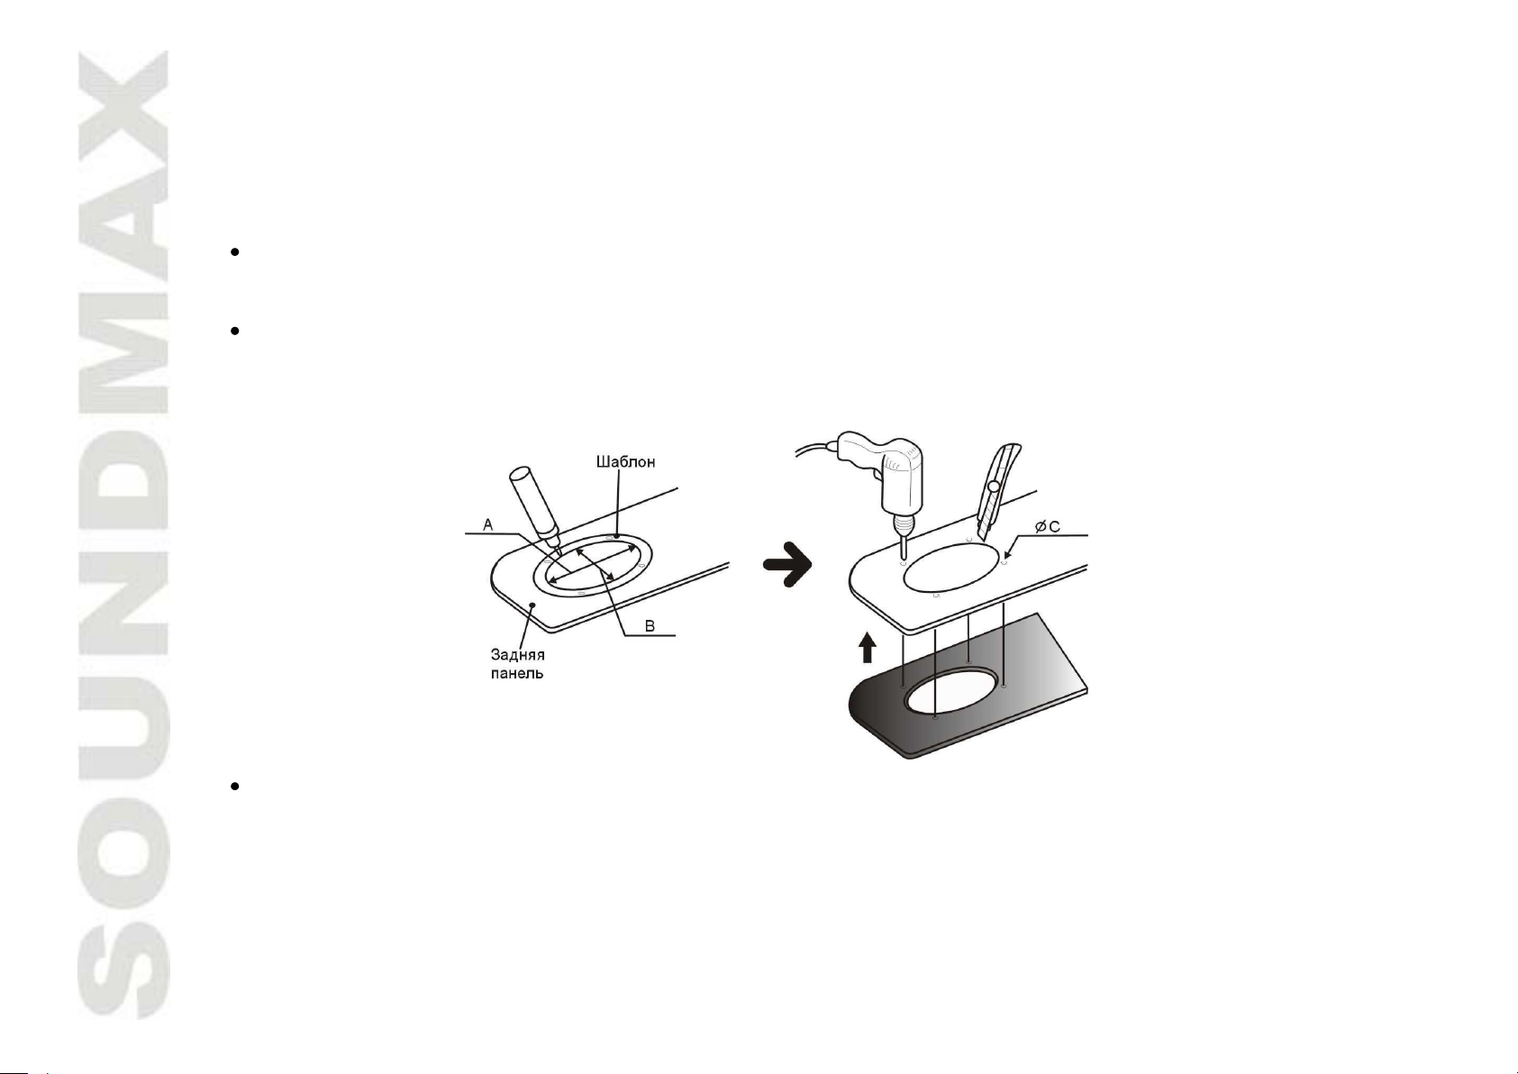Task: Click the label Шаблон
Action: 625,462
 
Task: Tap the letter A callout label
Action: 488,524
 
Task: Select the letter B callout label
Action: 650,626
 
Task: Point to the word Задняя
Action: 518,655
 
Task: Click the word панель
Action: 517,674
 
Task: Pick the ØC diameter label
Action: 1048,526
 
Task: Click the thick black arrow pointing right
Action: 787,564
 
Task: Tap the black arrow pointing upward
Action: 867,648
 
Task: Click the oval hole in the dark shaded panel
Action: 951,691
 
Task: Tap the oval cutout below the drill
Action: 951,567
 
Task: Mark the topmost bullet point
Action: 234,252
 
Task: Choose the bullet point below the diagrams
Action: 234,786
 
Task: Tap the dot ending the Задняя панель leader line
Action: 533,604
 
